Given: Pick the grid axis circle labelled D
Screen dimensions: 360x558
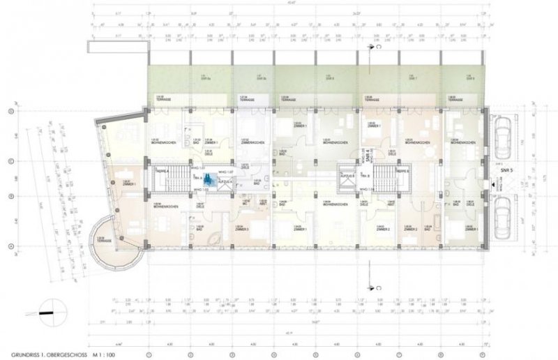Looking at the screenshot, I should (x=10, y=112).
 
